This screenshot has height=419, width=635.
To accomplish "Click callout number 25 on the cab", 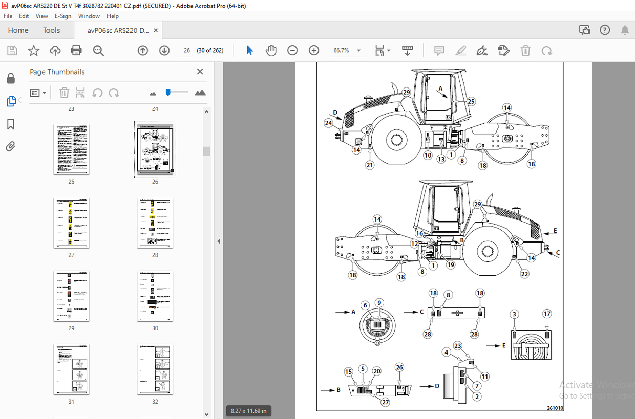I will [471, 102].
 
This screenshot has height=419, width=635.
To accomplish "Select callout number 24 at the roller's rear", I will [328, 123].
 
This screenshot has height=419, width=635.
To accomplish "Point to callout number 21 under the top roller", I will [370, 165].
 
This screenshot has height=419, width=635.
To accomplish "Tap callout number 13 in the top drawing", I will [441, 159].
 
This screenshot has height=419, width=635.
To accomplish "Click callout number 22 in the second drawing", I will [524, 274].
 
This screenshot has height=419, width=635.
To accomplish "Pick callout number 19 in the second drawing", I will [450, 265].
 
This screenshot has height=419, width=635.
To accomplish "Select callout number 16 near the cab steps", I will [419, 233].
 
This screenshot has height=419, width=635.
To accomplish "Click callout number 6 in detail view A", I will [365, 305].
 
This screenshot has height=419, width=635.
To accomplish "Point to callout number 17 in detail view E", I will [547, 314].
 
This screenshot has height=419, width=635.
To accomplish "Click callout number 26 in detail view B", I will [399, 367].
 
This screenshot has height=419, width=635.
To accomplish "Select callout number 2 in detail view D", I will [477, 396].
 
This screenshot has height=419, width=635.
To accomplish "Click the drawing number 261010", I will [555, 408].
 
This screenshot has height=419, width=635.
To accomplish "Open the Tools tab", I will [51, 30].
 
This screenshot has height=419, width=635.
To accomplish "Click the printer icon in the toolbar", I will [76, 50].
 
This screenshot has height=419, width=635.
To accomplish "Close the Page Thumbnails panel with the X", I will [200, 72].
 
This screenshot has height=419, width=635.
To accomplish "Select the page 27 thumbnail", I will [71, 223].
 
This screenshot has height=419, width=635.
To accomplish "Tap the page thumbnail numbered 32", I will [155, 369].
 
